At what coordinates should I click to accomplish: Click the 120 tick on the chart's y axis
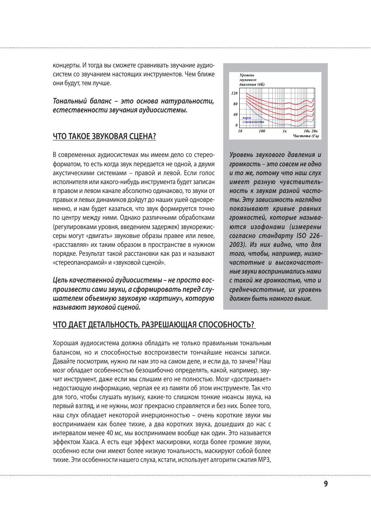[x=234, y=92]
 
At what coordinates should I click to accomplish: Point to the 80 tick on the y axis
[x=235, y=104]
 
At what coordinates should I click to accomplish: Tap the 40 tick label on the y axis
[x=235, y=115]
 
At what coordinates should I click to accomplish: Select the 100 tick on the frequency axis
[x=262, y=131]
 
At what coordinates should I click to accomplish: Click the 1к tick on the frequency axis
[x=285, y=131]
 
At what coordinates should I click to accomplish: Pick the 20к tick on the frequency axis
[x=314, y=131]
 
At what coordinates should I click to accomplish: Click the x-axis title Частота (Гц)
[x=306, y=136]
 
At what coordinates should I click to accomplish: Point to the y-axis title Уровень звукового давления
[x=252, y=79]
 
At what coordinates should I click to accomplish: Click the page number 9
[x=326, y=484]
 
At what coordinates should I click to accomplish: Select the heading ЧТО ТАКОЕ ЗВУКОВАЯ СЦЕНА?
[x=104, y=137]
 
